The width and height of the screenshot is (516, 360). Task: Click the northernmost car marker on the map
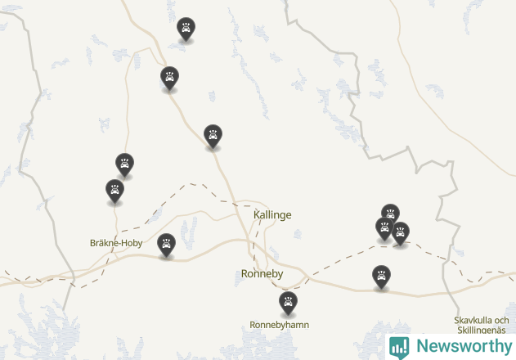[x=186, y=29]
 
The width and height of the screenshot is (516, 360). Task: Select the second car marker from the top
[x=169, y=78]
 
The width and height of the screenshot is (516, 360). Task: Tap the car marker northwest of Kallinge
[x=213, y=136]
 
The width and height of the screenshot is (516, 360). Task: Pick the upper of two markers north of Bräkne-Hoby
[x=124, y=164]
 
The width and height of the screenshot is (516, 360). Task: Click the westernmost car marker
[x=114, y=191]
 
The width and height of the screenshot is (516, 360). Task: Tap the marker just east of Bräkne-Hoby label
[x=166, y=245]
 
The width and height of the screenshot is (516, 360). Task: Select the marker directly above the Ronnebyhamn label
[x=288, y=303]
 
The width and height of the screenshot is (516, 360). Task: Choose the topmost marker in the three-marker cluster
[x=390, y=214]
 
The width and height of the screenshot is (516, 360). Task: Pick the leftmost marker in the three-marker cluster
[x=384, y=228]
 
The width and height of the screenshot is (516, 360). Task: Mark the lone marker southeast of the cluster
[x=381, y=277]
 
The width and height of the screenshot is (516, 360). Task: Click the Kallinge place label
[x=272, y=214]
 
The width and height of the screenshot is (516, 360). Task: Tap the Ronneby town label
[x=262, y=273]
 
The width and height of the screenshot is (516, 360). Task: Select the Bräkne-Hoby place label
[x=116, y=242]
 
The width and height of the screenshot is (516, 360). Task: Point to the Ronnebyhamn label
[x=280, y=325]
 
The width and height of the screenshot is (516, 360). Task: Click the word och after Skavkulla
[x=502, y=320]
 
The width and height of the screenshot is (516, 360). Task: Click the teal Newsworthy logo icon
[x=399, y=346]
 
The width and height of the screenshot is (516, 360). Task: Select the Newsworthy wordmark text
[x=462, y=346]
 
